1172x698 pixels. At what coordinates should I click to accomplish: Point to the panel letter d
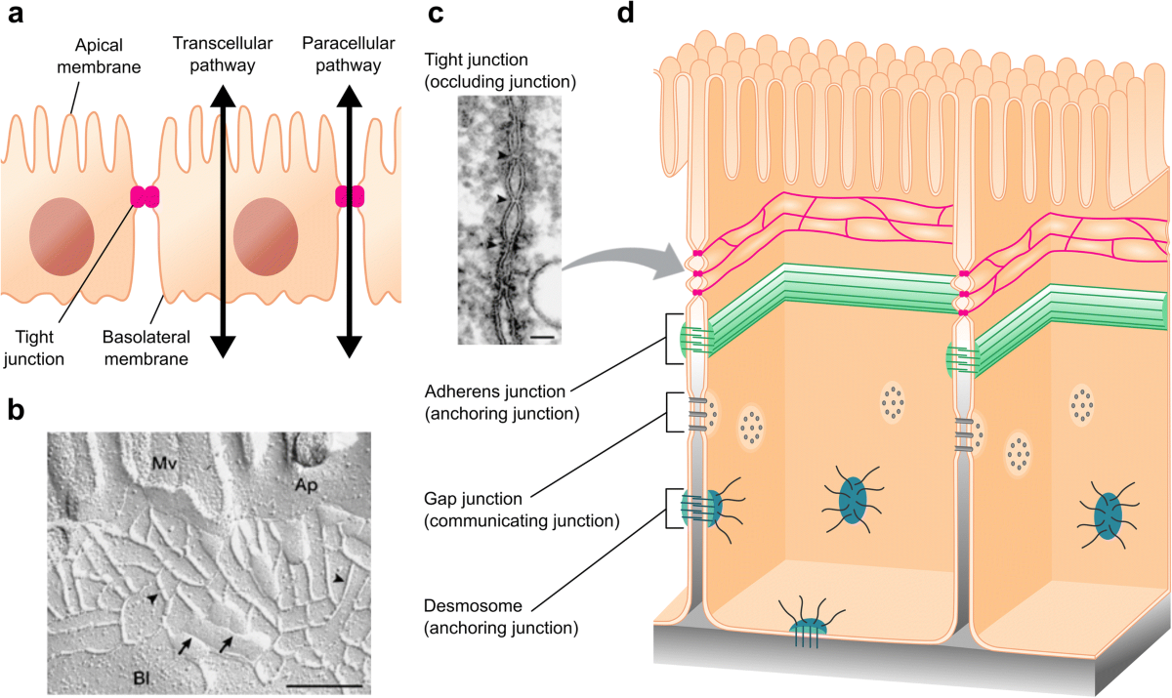(x=626, y=17)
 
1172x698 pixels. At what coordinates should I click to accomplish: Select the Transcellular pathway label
(x=214, y=54)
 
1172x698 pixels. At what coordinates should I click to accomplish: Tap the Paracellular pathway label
(x=348, y=54)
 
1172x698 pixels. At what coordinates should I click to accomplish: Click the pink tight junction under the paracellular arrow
(x=350, y=196)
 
